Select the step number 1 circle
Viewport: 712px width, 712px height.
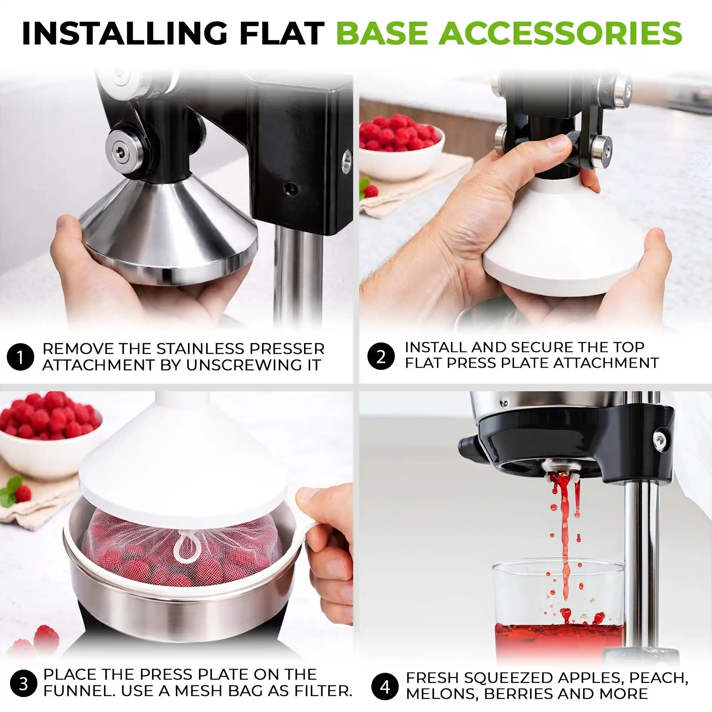(20, 357)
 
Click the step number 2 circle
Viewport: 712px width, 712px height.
(381, 356)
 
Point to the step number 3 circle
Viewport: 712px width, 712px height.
(23, 684)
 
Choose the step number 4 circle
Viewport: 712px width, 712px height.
(385, 687)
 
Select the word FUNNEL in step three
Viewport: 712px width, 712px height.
(77, 691)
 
